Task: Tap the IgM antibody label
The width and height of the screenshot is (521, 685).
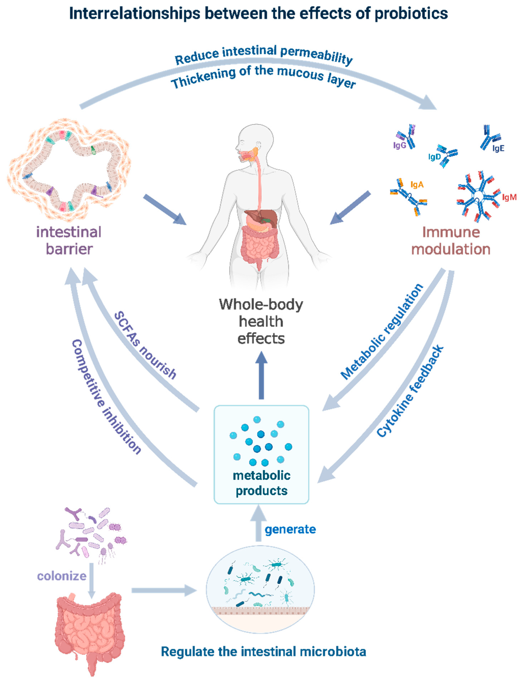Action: coord(509,197)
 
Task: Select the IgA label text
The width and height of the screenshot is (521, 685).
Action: coord(417,185)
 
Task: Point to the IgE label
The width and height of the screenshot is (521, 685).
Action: coord(498,148)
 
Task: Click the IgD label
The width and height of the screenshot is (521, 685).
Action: coord(434,157)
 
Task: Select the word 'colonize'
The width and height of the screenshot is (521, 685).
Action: coord(62,576)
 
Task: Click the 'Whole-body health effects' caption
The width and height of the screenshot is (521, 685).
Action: coord(261,321)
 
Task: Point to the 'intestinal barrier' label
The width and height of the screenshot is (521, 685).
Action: coord(69,241)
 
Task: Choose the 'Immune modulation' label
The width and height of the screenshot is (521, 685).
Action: coord(451,241)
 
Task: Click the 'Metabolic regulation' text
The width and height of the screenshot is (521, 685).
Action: coord(382,332)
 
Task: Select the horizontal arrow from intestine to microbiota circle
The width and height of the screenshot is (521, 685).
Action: coord(164,591)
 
